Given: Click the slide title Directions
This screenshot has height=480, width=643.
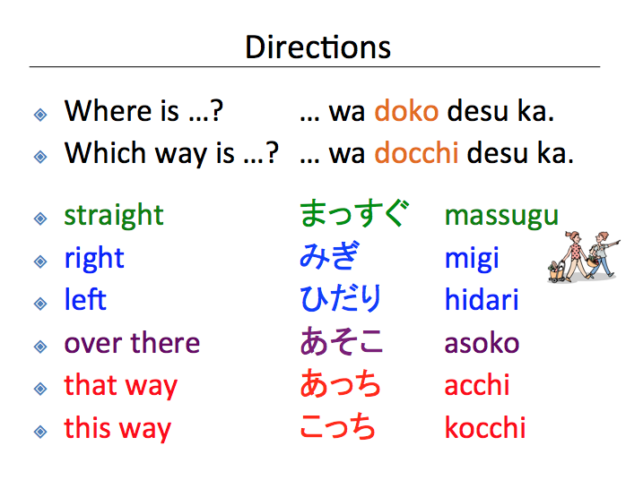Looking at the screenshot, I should [x=318, y=47].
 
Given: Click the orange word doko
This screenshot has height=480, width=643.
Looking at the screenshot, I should [x=406, y=112].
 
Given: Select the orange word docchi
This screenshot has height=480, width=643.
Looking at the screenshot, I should [x=416, y=154].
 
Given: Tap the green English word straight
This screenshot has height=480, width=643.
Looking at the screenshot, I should [x=114, y=216].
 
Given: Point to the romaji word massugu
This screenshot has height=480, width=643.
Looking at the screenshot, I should [x=501, y=216].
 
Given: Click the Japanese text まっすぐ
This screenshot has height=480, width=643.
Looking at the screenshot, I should [x=353, y=215].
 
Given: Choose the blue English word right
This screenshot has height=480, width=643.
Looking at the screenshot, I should [x=94, y=259].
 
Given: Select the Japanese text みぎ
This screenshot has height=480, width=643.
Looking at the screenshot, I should [x=329, y=258].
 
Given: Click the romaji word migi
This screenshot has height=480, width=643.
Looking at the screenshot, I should [x=472, y=260].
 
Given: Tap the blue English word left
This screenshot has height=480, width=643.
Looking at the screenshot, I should [x=85, y=300].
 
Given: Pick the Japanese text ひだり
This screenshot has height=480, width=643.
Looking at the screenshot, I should [x=341, y=300].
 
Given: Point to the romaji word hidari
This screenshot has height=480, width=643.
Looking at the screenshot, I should [x=482, y=300].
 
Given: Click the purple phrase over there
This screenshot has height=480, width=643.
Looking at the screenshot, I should [x=132, y=343].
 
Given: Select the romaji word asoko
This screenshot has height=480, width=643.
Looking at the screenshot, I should [x=482, y=343].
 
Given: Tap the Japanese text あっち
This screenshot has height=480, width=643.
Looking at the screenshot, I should [x=341, y=385].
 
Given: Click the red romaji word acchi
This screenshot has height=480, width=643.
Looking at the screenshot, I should [x=477, y=385].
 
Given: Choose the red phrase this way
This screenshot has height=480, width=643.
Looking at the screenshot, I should [x=117, y=428].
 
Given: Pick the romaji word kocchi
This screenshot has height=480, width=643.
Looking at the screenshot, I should [x=485, y=428].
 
